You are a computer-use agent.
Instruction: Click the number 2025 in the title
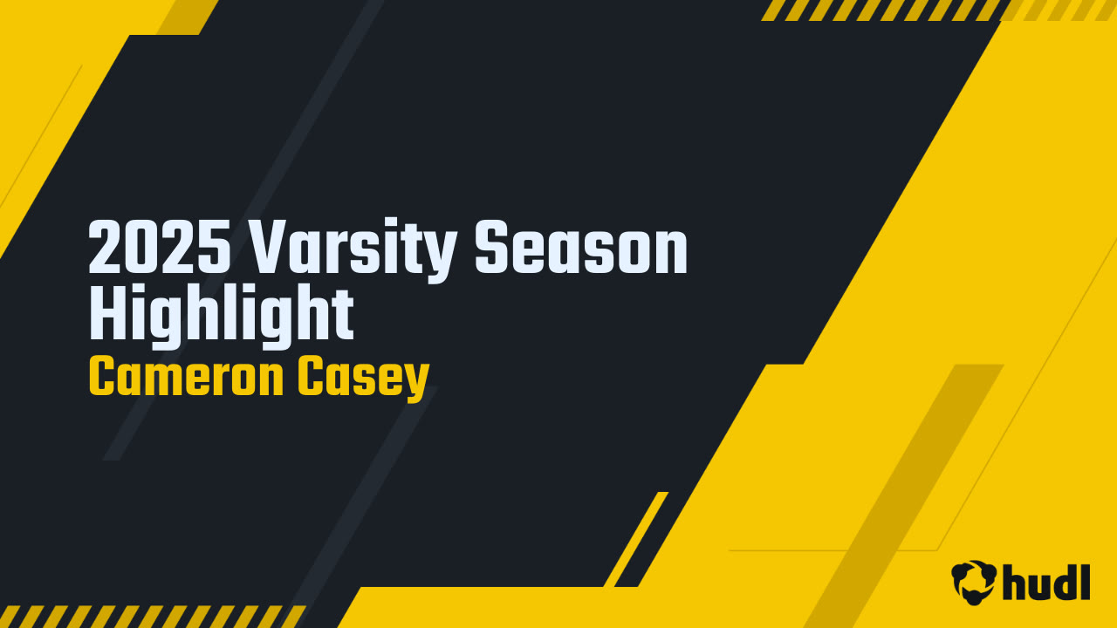tap(160, 247)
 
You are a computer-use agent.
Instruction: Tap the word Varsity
tap(353, 250)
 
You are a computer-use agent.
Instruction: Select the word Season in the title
tap(581, 247)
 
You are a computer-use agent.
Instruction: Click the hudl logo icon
tap(974, 582)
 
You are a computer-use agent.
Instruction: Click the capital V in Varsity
tap(271, 247)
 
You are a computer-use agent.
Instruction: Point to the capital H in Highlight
tap(108, 312)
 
